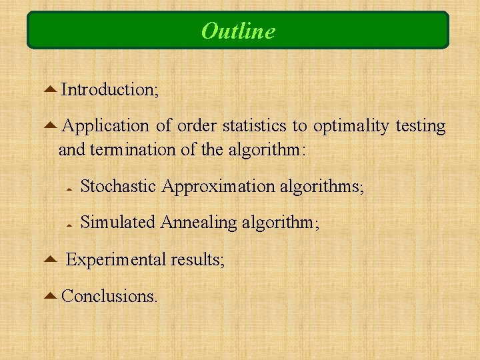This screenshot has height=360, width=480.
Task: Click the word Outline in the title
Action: [x=238, y=31]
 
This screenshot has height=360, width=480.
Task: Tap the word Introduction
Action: [x=109, y=89]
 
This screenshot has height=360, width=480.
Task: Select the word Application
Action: [x=107, y=126]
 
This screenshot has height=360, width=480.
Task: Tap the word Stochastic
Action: [x=118, y=187]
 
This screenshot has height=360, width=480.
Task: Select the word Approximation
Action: [x=218, y=187]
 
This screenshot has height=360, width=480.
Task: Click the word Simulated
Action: [x=117, y=223]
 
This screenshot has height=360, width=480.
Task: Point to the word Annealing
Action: [x=199, y=223]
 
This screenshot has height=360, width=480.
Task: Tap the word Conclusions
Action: [x=109, y=295]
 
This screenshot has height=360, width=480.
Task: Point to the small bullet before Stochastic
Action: [x=69, y=189]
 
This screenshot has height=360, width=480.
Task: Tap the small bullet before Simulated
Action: [x=69, y=225]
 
